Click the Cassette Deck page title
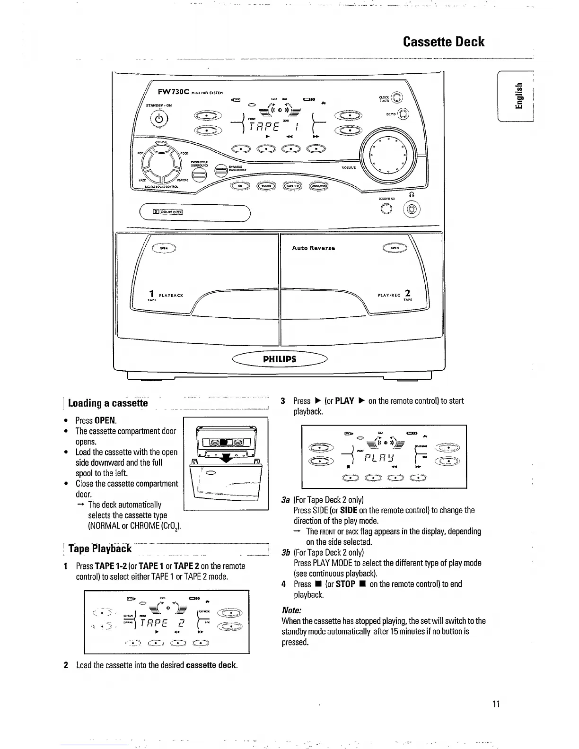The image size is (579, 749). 443,42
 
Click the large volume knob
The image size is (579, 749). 388,152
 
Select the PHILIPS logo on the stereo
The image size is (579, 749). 280,359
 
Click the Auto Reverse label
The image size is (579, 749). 313,248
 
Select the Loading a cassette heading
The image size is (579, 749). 108,403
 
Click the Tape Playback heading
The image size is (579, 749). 100,549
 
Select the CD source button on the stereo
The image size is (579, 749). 240,186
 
